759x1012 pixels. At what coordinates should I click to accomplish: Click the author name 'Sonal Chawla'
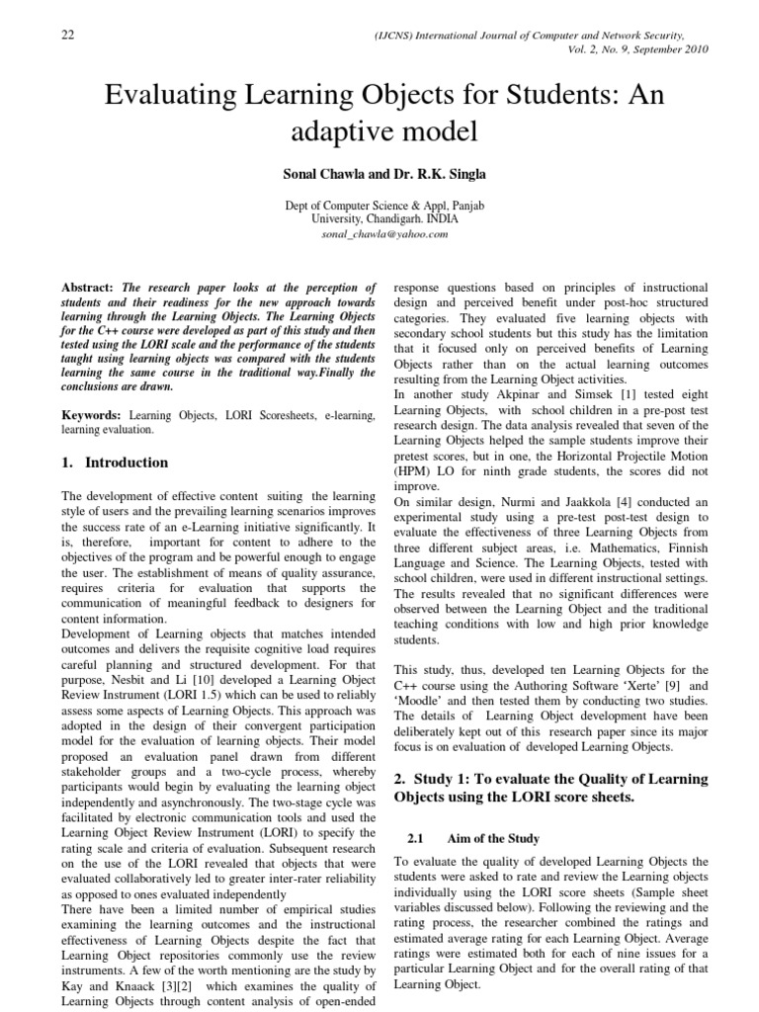321,174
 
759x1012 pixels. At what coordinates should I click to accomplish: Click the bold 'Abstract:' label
90,286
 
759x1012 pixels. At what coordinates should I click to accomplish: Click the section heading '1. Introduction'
115,463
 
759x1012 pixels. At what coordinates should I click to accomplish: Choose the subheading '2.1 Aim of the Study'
472,838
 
